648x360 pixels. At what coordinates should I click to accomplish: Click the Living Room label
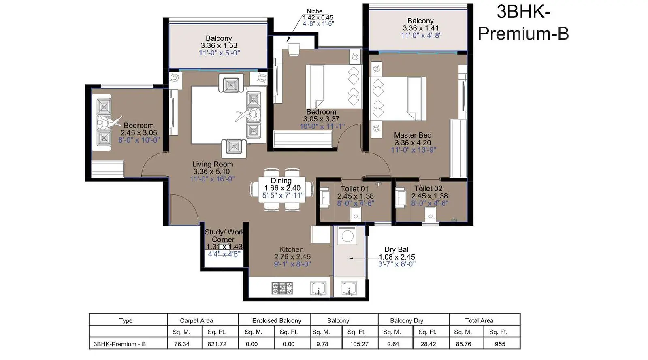213,164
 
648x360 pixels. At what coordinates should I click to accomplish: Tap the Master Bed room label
413,135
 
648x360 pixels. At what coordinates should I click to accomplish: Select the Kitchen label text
291,249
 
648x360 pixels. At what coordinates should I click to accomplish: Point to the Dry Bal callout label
396,249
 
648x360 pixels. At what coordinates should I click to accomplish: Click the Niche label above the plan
314,11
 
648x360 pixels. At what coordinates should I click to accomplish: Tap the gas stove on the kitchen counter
282,288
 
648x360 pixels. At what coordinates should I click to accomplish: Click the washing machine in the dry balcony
347,235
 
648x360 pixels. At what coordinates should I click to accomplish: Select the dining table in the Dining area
281,190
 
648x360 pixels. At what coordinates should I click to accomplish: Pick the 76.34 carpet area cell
182,344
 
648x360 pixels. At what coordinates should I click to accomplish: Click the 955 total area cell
500,344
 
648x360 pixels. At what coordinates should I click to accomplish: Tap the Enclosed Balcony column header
277,320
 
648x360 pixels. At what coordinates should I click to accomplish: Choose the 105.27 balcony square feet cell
359,344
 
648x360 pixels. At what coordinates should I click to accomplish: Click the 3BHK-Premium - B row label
119,344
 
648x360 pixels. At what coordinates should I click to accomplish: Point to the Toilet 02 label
428,189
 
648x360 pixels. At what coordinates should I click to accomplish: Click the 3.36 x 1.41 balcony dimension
421,28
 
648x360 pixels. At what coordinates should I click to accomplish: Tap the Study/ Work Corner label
224,236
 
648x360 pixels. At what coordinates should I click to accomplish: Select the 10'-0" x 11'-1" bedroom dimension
322,126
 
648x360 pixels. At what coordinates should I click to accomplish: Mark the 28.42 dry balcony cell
428,344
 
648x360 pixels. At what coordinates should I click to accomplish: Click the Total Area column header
479,320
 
